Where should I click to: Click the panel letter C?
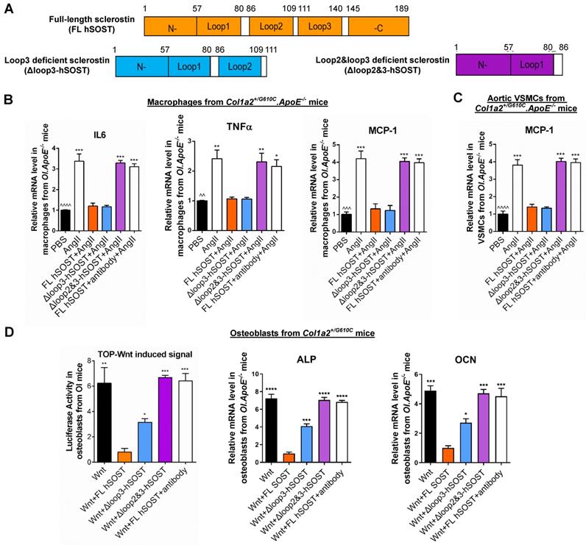[x=459, y=98]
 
